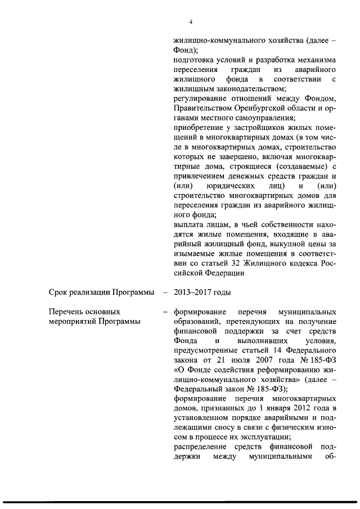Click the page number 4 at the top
[x=191, y=22]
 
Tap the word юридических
[x=232, y=186]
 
